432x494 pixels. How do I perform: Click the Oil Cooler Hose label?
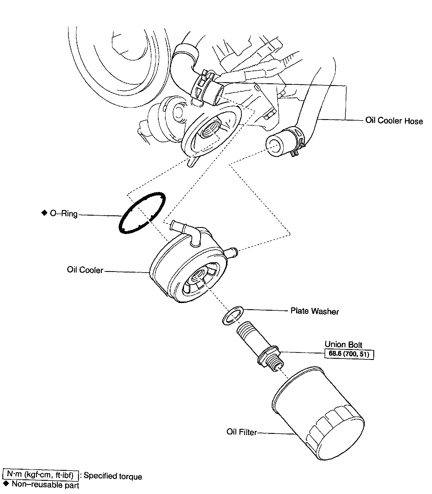(x=394, y=121)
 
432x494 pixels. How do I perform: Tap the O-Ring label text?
(x=64, y=214)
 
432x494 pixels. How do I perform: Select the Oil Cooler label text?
(x=85, y=270)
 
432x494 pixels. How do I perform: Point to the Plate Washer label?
(x=315, y=311)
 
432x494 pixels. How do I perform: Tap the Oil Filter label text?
(x=242, y=432)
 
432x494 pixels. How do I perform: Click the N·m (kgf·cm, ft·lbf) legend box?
(x=41, y=475)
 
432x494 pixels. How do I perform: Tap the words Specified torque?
(x=113, y=476)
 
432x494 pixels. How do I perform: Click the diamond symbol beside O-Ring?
(x=44, y=213)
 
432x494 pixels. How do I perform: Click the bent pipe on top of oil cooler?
(x=188, y=232)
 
